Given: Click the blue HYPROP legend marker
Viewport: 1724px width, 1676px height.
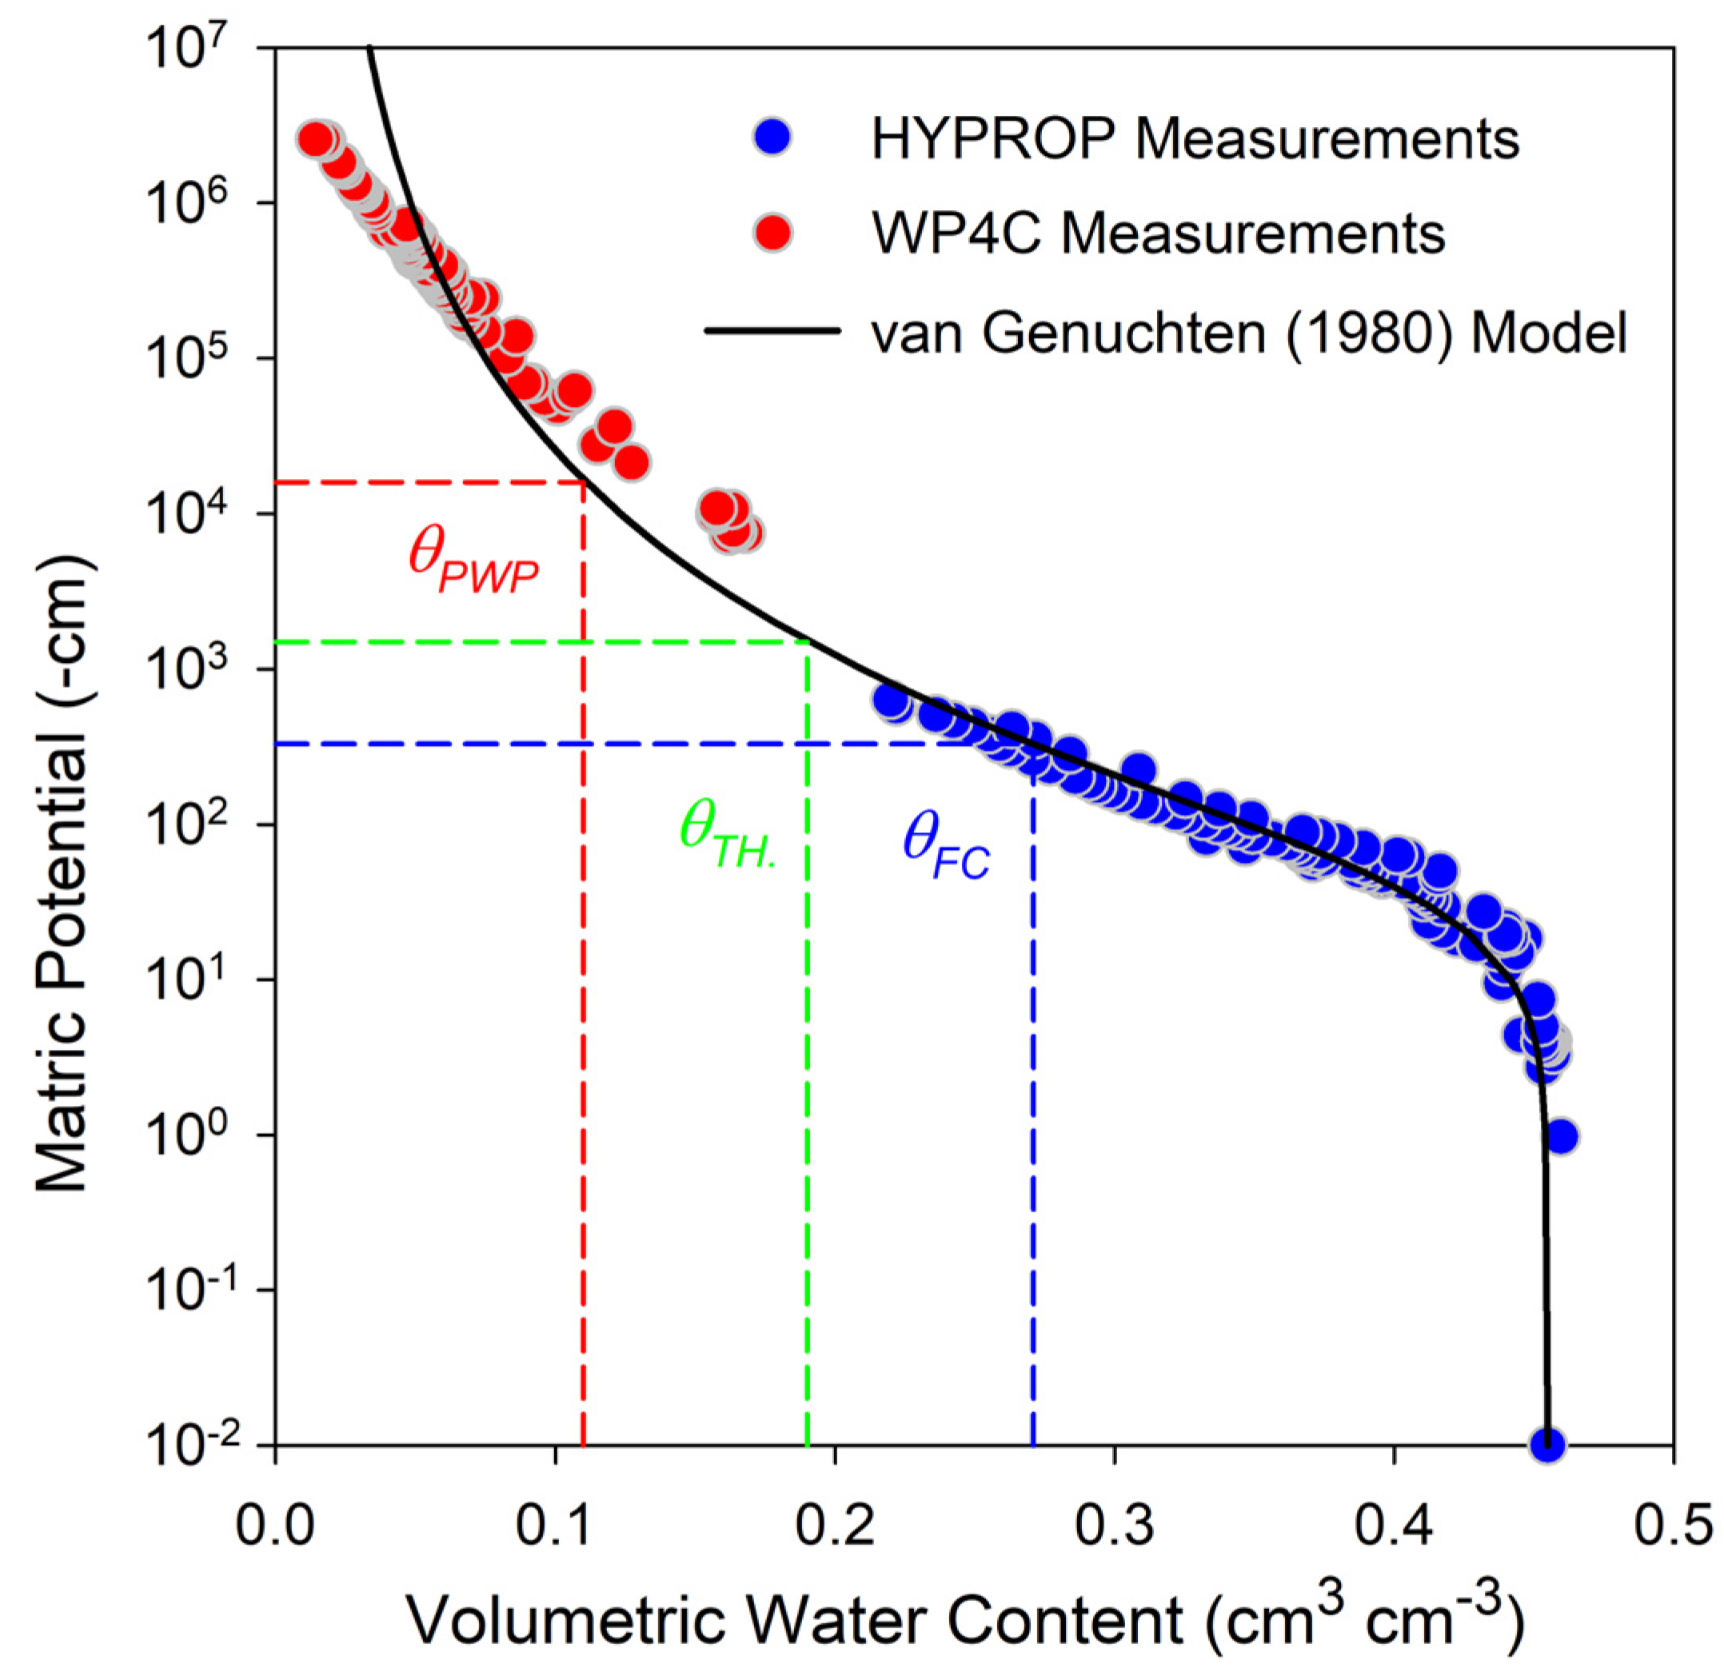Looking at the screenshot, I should point(772,138).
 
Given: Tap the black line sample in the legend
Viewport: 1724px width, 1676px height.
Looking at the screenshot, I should point(772,331).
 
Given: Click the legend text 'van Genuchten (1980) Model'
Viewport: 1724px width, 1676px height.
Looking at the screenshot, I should point(1249,333).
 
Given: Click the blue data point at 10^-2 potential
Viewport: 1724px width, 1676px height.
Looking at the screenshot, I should point(1547,1444).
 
